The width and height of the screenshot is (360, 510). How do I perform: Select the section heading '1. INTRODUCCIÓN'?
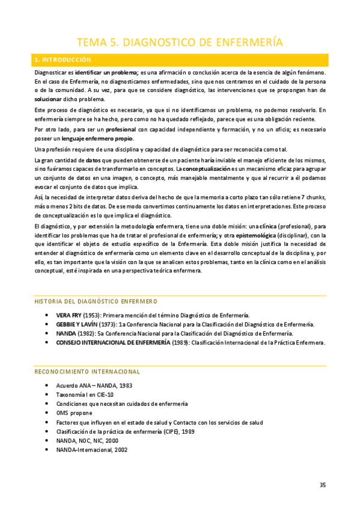click(x=63, y=60)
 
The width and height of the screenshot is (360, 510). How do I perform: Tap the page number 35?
click(x=323, y=485)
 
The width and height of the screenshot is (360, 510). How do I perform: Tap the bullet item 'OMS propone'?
click(x=74, y=413)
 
